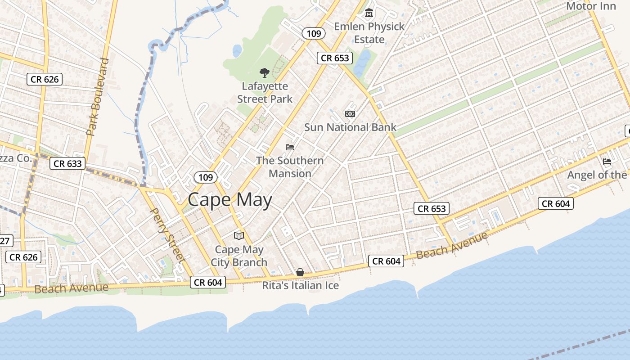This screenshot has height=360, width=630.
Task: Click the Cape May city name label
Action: [x=229, y=200]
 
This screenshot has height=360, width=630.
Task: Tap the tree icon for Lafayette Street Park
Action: [x=265, y=72]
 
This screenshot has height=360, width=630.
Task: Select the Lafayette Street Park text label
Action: [x=265, y=92]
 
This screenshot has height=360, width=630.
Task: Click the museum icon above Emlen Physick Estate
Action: [x=369, y=13]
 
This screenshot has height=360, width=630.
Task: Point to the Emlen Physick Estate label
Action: [x=369, y=33]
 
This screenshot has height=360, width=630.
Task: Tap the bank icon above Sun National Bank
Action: [x=350, y=114]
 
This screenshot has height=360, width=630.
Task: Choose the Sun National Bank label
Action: [x=350, y=127]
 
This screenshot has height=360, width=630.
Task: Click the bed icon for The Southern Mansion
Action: [x=290, y=147]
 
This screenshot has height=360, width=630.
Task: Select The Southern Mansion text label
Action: [x=290, y=167]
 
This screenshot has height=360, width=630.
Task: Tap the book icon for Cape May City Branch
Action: [x=238, y=236]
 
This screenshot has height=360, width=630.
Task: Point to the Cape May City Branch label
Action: [x=239, y=256]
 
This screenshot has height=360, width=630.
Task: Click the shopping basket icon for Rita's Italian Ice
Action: [x=300, y=272]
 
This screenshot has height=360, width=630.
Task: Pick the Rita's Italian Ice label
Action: [x=301, y=286]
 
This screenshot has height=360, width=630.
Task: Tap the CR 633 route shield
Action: [x=68, y=163]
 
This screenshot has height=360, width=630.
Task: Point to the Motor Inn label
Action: [x=590, y=6]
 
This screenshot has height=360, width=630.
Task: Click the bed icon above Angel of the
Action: [x=607, y=162]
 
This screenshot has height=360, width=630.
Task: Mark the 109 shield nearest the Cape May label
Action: [x=206, y=177]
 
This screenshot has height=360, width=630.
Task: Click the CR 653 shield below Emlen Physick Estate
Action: [x=335, y=58]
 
